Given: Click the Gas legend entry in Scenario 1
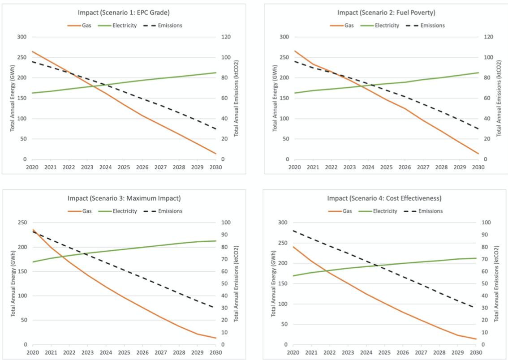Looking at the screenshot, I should point(82,26).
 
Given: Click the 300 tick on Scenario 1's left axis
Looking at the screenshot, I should point(21,37).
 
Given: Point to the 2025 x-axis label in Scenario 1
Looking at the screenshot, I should point(124,167).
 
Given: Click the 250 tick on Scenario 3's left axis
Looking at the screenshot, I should point(21,223).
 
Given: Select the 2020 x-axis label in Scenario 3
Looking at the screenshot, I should point(32,353).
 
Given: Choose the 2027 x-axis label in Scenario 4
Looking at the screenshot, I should point(423,353).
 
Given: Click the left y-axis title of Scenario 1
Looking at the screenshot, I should point(13,98).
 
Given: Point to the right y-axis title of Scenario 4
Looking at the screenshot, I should point(498,283).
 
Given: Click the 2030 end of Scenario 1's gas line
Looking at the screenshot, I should point(215,154).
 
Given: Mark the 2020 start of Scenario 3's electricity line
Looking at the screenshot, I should point(32,262).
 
